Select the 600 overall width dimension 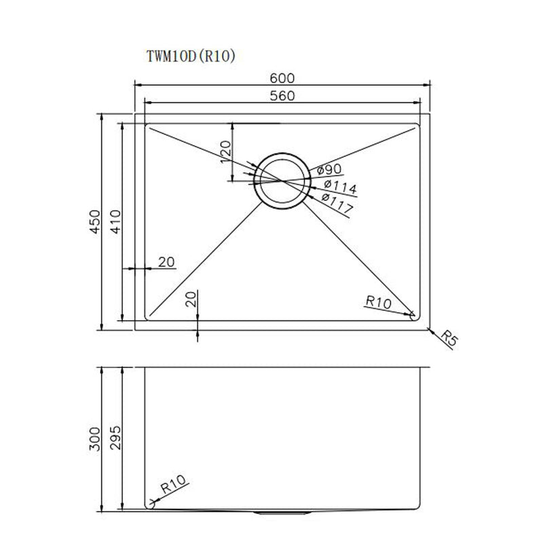click(x=282, y=78)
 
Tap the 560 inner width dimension click(x=282, y=96)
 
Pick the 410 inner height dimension click(x=115, y=221)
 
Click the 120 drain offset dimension click(x=226, y=153)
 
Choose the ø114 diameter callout click(x=339, y=187)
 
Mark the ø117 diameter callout click(x=336, y=204)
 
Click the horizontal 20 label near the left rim click(x=166, y=262)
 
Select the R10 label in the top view click(x=377, y=301)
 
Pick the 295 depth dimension click(x=115, y=440)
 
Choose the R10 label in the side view click(x=173, y=485)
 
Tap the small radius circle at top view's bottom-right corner click(x=413, y=314)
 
